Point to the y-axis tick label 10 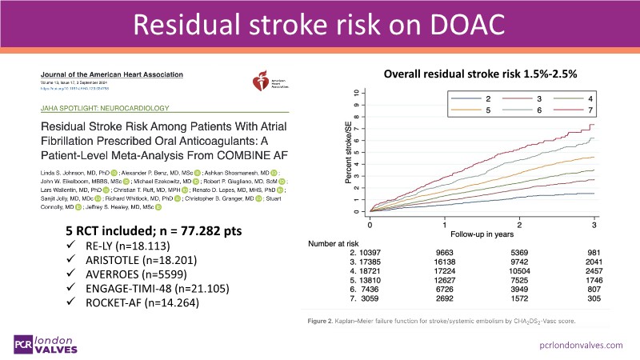(x=356, y=93)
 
